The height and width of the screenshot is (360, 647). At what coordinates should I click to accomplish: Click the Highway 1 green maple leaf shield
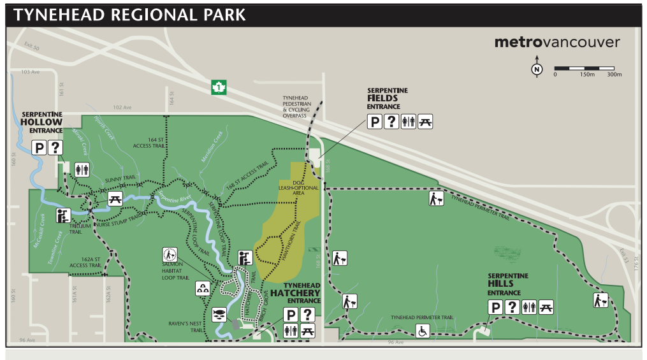pos(219,87)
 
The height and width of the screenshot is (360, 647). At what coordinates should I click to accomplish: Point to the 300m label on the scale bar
pos(614,75)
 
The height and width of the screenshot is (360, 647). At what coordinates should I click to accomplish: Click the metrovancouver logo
pos(556,43)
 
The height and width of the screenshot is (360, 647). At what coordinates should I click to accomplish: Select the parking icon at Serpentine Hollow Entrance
pos(39,148)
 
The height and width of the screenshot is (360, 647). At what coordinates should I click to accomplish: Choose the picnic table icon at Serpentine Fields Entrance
pos(425,122)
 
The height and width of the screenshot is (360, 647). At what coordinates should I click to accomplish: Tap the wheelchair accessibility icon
pos(421,331)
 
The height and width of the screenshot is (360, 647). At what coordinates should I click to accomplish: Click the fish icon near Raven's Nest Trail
pos(219,315)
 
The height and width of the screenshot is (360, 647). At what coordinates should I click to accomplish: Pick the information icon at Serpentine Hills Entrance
pos(512,307)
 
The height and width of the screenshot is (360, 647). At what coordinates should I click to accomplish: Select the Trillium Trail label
pos(75,229)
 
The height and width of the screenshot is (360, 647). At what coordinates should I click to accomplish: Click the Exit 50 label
pos(32,48)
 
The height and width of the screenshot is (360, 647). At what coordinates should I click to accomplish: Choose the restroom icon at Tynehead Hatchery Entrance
pos(291,331)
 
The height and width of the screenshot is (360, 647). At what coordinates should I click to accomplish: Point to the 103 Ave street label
pos(30,72)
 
